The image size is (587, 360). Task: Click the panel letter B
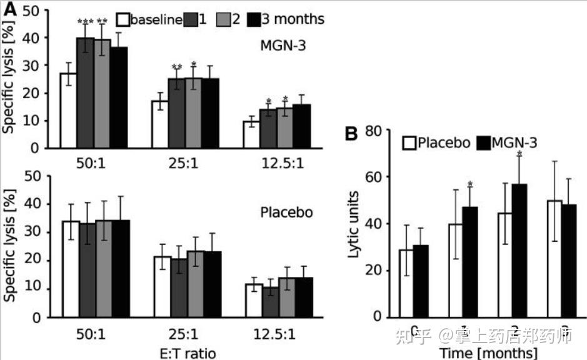tap(352, 134)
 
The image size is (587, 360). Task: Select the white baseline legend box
tap(123, 19)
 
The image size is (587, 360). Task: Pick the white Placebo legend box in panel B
tap(409, 143)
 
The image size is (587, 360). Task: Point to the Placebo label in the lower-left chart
tap(286, 212)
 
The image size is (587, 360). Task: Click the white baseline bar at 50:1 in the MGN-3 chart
tap(68, 111)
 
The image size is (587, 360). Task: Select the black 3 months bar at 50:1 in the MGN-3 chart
tap(119, 97)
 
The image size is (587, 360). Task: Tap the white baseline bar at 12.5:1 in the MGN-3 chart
tap(251, 134)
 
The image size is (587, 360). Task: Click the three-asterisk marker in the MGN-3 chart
tap(85, 22)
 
